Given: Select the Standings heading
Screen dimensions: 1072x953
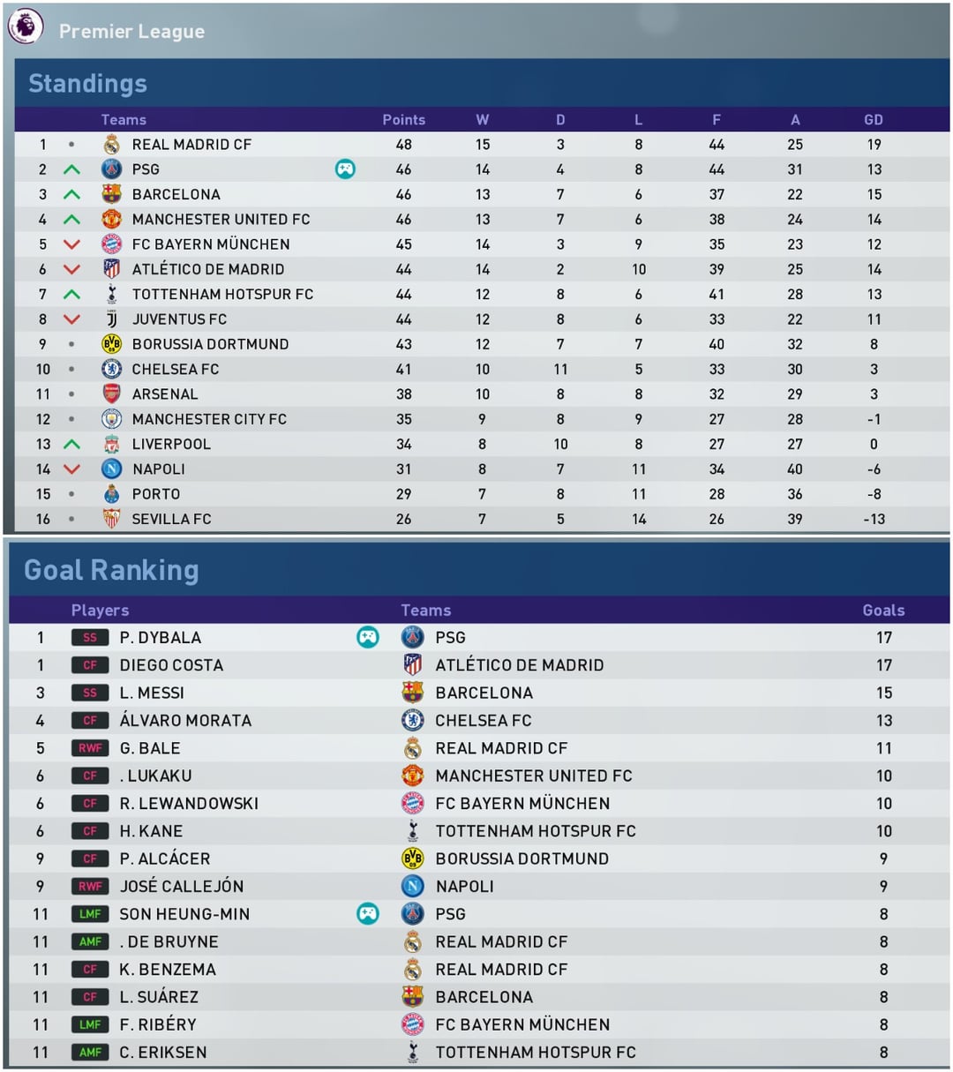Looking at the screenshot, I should point(87,84).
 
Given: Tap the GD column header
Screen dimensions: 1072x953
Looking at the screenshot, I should point(874,120).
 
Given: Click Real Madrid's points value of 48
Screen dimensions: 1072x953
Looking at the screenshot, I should point(403,145).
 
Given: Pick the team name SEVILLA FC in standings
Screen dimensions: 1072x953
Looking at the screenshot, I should point(171,519).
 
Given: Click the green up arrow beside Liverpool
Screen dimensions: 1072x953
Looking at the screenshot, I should point(71,444).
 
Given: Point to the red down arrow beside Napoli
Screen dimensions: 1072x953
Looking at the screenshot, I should point(71,469).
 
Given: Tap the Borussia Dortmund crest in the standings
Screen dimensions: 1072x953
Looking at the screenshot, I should point(111,344).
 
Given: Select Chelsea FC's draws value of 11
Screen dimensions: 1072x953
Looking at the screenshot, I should point(560,369).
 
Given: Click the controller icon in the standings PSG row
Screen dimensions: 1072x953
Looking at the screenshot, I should point(345,169).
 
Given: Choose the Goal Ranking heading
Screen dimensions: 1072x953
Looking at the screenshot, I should point(111,570).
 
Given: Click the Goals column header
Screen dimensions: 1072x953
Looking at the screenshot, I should point(883,611).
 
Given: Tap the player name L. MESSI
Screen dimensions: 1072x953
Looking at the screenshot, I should point(152,693).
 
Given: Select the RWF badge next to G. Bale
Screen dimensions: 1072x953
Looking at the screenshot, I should point(90,748).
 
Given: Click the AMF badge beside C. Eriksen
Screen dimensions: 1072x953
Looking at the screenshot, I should point(90,1053).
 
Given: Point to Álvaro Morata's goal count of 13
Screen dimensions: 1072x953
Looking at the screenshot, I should point(884,721).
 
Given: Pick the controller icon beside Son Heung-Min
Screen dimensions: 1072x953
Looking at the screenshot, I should point(367,914).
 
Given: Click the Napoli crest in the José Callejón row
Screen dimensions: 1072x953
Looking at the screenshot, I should point(412,886).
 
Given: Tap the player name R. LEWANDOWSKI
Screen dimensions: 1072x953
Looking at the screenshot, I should point(189,804).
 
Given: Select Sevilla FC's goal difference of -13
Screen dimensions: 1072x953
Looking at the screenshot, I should point(874,519).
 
